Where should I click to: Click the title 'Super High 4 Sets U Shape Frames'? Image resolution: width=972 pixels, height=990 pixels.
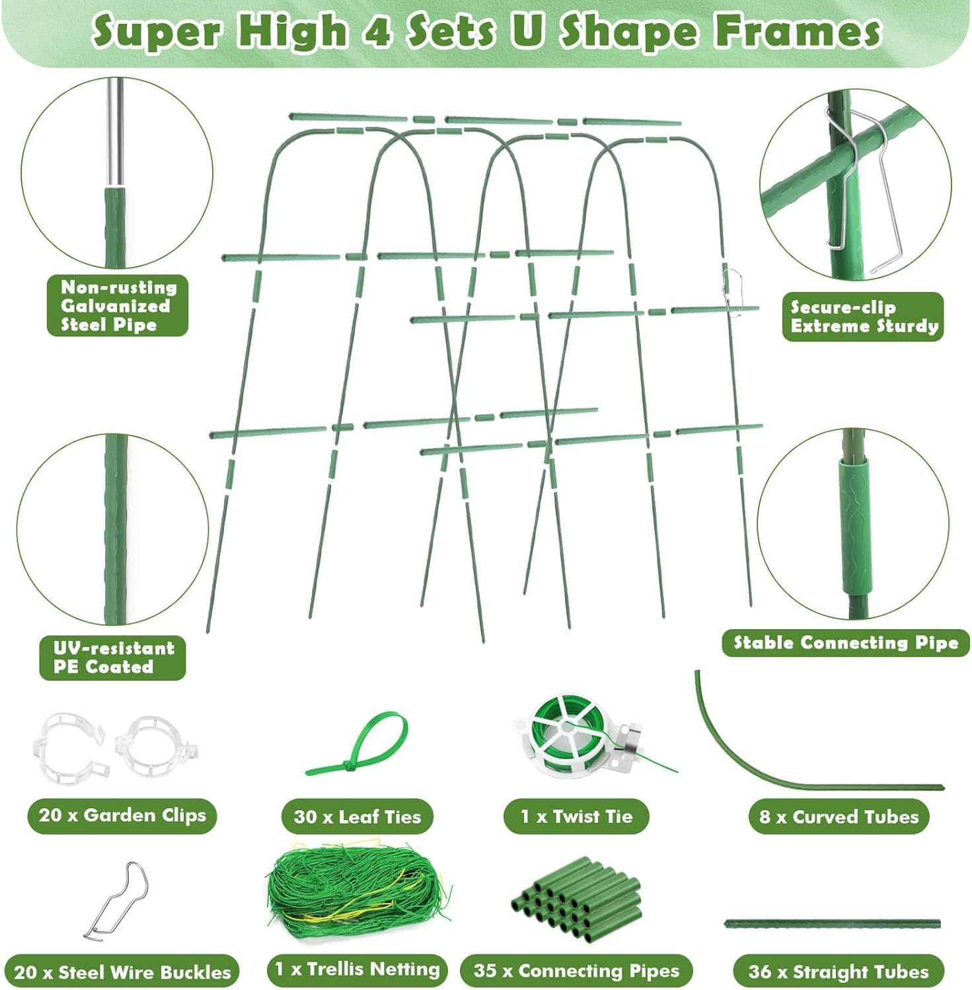pos(486,32)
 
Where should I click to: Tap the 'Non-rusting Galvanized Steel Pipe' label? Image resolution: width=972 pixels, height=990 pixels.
pos(118,306)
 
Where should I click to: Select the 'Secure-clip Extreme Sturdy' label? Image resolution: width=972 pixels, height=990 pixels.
pos(862,317)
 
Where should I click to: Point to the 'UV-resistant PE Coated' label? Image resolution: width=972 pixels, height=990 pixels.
pos(113,658)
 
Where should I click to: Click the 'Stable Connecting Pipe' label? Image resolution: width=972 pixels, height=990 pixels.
pos(845,643)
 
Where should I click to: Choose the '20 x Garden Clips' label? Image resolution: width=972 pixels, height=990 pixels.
pos(122,815)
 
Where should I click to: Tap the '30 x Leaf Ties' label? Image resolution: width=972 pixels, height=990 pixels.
pos(357,817)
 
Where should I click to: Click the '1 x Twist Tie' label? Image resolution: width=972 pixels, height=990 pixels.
pos(576,817)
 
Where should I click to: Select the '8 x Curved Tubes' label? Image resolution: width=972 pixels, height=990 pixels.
pos(838,818)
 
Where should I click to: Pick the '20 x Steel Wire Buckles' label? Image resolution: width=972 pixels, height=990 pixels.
pos(122,972)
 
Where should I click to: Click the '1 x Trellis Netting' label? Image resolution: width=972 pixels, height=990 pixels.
pos(357,970)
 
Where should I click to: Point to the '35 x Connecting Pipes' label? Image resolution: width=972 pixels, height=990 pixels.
pos(576,971)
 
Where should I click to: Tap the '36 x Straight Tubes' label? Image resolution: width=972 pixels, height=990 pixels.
pos(838,972)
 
